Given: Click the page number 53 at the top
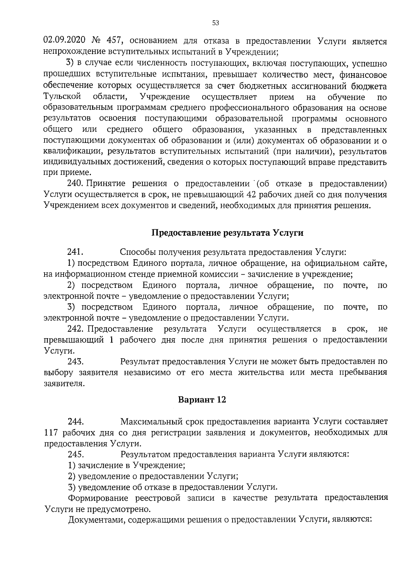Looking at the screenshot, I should (216, 23).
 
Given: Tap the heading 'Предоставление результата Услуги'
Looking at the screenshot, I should (227, 233).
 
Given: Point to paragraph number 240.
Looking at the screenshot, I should (75, 184).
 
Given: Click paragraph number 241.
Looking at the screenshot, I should (75, 252).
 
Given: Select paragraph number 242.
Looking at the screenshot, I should (75, 329).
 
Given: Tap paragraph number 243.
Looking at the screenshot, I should (75, 361).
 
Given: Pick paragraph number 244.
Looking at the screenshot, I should (75, 422).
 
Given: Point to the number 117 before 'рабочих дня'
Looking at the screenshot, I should (51, 433).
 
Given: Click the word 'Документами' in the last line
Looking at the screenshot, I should (91, 520).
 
